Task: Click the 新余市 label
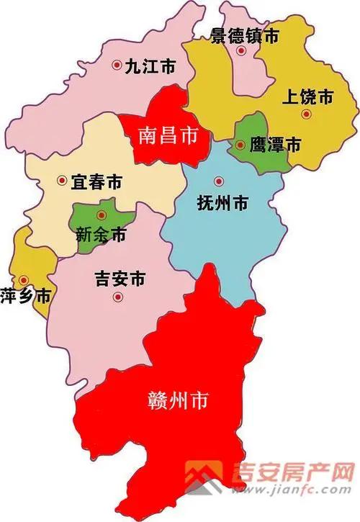101,235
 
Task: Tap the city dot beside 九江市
117,66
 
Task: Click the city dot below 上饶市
307,114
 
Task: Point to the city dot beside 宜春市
60,181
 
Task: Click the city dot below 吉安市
120,297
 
